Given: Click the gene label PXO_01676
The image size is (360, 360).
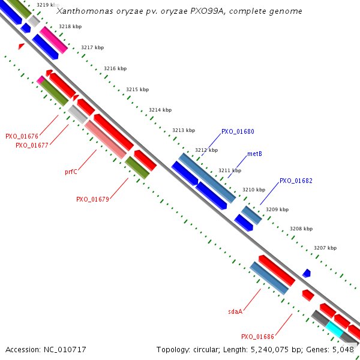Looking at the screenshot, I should (x=22, y=136).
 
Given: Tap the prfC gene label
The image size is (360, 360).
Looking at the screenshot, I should (x=71, y=172).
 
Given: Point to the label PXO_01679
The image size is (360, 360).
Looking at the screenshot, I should (x=92, y=199).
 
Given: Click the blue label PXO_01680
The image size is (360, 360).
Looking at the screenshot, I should (x=238, y=131).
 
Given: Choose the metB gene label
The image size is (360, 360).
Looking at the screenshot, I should (x=254, y=154).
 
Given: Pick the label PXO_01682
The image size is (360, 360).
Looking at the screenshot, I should (x=296, y=181).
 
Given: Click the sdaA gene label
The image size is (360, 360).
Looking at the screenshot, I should (x=235, y=311).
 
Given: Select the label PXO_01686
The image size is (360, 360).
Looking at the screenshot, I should (x=257, y=337).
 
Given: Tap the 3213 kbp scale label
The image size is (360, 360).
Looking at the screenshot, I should (x=184, y=130).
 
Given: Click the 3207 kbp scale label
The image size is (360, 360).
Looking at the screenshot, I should (x=325, y=248).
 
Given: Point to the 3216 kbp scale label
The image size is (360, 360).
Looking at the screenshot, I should (x=115, y=69).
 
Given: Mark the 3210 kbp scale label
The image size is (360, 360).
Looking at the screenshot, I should (x=253, y=190).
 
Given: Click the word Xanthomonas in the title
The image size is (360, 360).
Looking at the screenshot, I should (x=83, y=11).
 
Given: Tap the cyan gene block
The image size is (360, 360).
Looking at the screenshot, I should (x=335, y=328).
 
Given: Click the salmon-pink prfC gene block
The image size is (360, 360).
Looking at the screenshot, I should (x=106, y=139).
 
